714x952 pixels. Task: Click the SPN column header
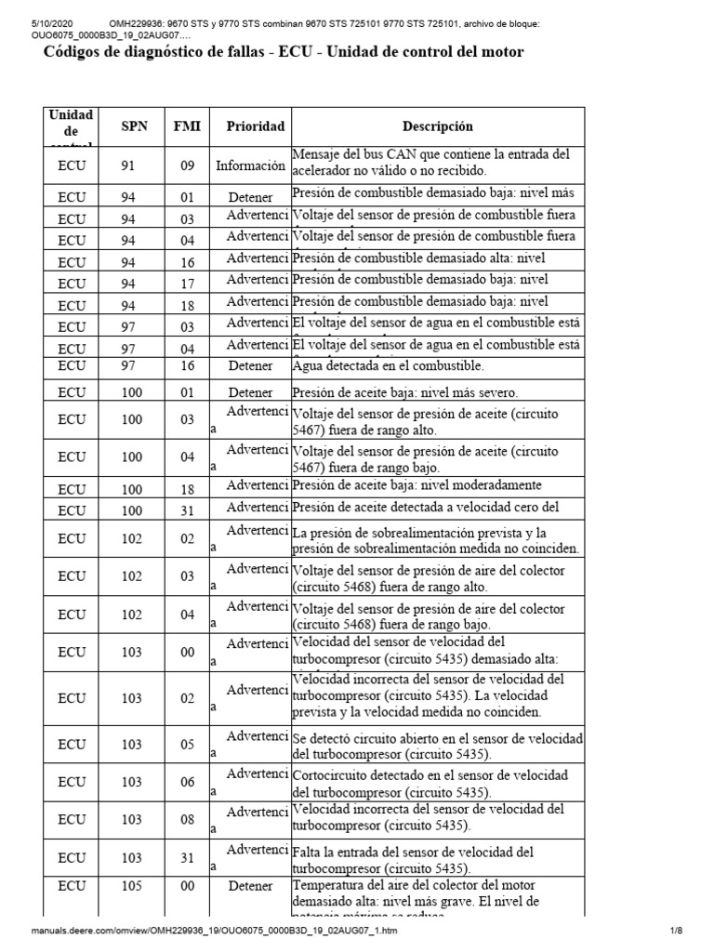(134, 126)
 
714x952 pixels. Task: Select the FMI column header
(188, 126)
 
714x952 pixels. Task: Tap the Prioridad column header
(250, 126)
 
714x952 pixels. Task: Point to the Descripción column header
(437, 126)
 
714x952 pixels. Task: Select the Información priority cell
(250, 166)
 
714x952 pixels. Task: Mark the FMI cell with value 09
(188, 166)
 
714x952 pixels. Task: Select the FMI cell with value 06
(188, 782)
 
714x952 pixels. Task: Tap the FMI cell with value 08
(188, 819)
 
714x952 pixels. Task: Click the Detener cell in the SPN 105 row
(250, 886)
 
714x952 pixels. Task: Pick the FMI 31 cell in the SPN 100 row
(188, 510)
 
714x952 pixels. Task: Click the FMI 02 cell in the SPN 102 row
(188, 538)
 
